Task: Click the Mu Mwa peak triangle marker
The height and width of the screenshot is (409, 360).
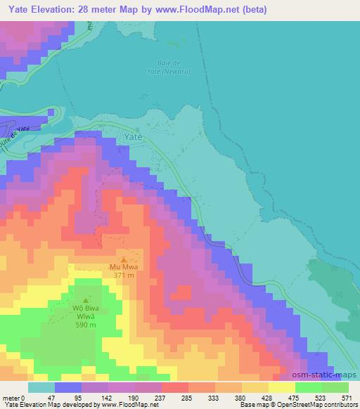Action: click(x=125, y=259)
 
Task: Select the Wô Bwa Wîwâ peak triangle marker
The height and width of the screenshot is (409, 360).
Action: click(x=86, y=299)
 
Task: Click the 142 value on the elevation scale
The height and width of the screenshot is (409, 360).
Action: click(x=106, y=398)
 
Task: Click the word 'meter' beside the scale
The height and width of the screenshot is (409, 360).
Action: click(x=11, y=398)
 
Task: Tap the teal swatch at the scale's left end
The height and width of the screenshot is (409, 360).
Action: click(x=41, y=387)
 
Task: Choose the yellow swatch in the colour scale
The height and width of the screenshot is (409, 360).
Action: click(x=282, y=387)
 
